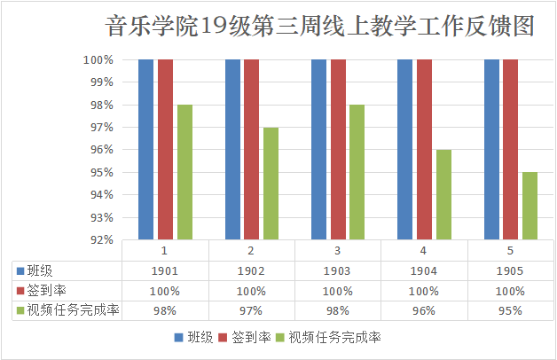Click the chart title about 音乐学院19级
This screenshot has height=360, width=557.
point(319,27)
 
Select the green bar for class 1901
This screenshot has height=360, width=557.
point(184,172)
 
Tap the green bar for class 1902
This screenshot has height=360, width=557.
point(271,184)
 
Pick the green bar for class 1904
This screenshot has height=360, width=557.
point(443,194)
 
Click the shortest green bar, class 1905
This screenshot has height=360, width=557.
point(530,206)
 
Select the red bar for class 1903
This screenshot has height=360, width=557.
point(338,149)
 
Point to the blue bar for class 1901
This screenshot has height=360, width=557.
point(146,149)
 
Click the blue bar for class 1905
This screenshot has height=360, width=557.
point(492,149)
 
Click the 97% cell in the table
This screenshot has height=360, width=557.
point(251,310)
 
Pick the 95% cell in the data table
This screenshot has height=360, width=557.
point(510,310)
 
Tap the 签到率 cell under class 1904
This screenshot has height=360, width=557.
point(424,291)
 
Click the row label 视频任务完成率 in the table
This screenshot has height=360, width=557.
point(73,310)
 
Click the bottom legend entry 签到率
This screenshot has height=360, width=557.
point(250,337)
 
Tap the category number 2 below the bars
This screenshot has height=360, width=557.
point(251,251)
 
